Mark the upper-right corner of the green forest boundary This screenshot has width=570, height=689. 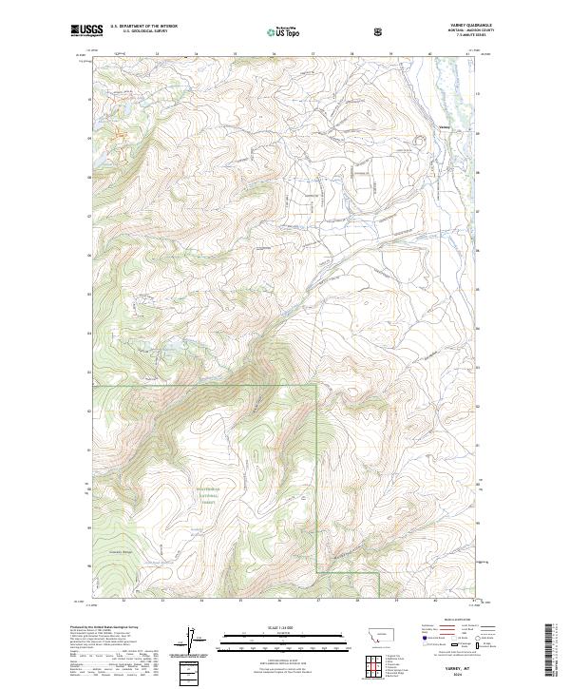coord(317,387)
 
